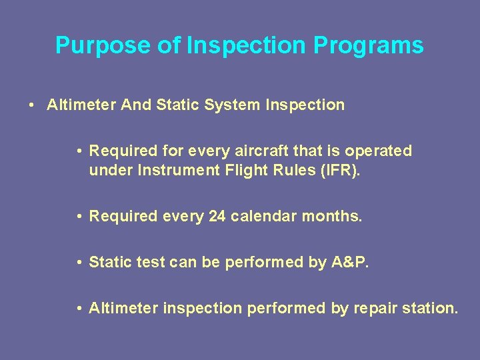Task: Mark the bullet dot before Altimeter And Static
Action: (32, 105)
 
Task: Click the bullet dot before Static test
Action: (79, 263)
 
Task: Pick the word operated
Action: (383, 151)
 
